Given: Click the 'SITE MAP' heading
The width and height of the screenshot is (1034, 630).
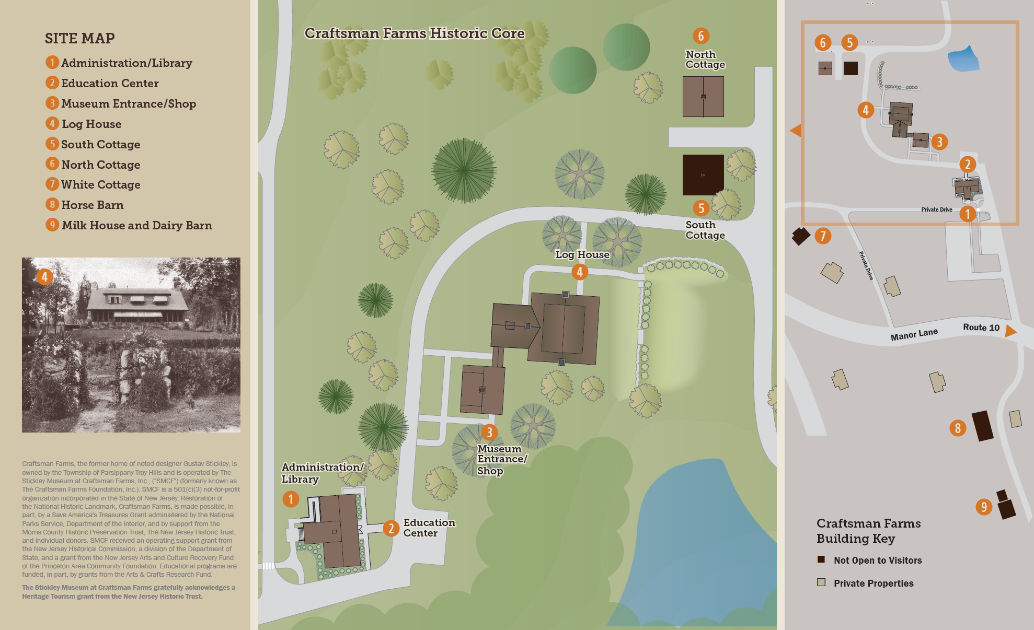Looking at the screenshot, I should [79, 38].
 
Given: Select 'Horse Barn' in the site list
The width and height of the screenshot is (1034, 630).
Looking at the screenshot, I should [92, 205].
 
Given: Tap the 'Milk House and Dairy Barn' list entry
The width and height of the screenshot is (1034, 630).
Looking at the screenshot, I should [136, 225].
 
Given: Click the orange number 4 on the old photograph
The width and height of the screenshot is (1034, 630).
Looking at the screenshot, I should [44, 277].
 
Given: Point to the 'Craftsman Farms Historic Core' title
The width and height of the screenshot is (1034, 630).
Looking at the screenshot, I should [415, 33].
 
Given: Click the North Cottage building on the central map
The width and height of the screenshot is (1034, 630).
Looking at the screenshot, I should [703, 97].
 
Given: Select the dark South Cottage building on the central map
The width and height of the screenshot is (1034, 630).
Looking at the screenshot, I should [703, 174].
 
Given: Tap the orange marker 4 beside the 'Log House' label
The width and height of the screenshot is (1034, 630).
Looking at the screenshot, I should [579, 272].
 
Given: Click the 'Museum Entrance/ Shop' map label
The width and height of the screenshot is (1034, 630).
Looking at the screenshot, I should [501, 459].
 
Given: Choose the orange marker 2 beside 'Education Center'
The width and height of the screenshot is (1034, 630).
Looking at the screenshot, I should [390, 528].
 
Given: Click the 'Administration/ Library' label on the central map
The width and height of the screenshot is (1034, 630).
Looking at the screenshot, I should [321, 473].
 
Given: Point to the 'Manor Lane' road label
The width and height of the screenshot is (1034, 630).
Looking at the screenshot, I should [914, 334].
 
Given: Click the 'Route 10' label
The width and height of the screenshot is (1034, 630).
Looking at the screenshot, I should [981, 328].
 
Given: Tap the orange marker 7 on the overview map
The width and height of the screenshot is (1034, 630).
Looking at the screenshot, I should [823, 236].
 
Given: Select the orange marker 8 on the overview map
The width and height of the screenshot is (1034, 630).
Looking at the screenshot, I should [958, 428].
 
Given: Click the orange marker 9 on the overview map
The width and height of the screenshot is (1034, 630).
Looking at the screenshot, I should [984, 507].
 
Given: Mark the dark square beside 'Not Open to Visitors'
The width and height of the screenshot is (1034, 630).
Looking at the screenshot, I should [821, 559].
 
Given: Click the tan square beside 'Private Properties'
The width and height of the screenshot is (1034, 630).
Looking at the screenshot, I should [821, 582].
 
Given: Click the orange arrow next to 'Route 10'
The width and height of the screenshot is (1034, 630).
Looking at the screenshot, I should [1010, 331].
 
